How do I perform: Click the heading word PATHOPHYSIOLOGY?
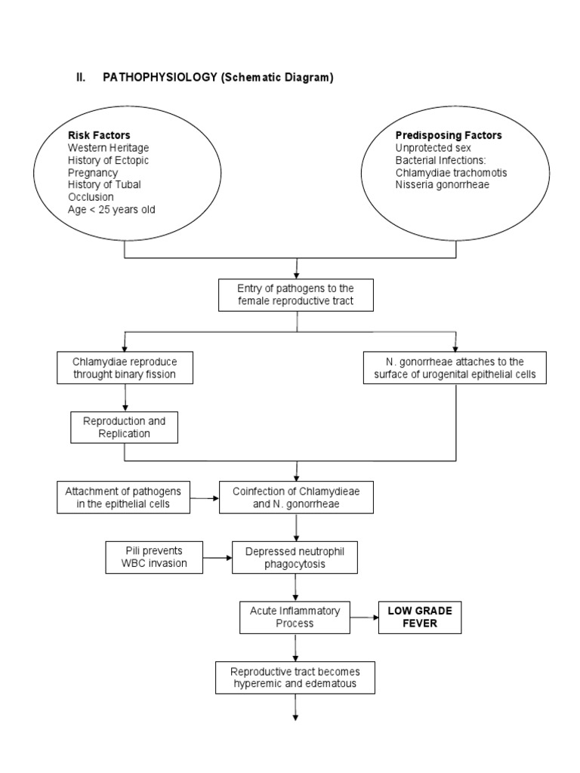[159, 79]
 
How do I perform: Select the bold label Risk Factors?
[99, 135]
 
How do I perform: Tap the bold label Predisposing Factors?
[449, 135]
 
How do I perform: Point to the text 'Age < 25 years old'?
[111, 209]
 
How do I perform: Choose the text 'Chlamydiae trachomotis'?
[451, 172]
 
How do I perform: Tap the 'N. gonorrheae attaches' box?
[455, 366]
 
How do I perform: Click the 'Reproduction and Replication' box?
[124, 427]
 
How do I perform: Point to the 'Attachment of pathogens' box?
[124, 497]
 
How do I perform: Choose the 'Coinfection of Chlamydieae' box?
[297, 497]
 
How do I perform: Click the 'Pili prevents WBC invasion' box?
[154, 557]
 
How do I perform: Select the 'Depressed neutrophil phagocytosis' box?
[294, 557]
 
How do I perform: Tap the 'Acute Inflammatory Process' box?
[295, 617]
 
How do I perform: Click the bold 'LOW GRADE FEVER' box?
[418, 617]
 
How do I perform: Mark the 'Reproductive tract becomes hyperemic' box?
[295, 677]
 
